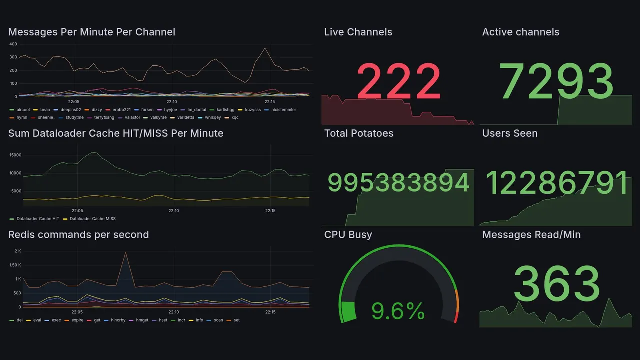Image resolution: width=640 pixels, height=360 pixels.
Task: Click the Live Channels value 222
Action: click(398, 81)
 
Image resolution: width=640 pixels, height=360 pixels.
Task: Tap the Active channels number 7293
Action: click(556, 81)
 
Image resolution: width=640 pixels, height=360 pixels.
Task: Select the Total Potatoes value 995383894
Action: click(398, 183)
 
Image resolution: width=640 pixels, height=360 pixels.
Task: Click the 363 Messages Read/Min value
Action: click(556, 284)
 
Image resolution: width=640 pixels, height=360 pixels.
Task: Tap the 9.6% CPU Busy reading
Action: click(398, 312)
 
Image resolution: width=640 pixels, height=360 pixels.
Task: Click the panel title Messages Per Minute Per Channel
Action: click(92, 32)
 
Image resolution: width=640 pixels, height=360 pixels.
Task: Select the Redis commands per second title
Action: click(78, 235)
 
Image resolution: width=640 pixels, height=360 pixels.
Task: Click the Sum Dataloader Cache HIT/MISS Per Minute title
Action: click(116, 133)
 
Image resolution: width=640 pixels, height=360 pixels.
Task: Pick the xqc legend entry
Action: click(235, 117)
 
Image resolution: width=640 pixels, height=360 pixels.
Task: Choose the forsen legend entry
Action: click(147, 109)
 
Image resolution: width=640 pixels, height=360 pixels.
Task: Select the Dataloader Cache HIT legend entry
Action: click(38, 219)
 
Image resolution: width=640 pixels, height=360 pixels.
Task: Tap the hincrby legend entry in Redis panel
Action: click(115, 320)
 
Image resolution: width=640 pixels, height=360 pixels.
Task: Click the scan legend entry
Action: click(218, 320)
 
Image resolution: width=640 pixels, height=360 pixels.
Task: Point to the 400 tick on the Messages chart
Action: click(13, 44)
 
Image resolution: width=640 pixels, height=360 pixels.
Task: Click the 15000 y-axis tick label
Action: click(15, 155)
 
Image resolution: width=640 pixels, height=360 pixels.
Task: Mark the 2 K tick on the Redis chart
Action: click(18, 251)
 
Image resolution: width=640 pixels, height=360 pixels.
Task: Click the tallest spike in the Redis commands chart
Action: click(125, 253)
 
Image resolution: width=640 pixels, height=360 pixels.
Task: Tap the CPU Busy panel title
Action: click(348, 235)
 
